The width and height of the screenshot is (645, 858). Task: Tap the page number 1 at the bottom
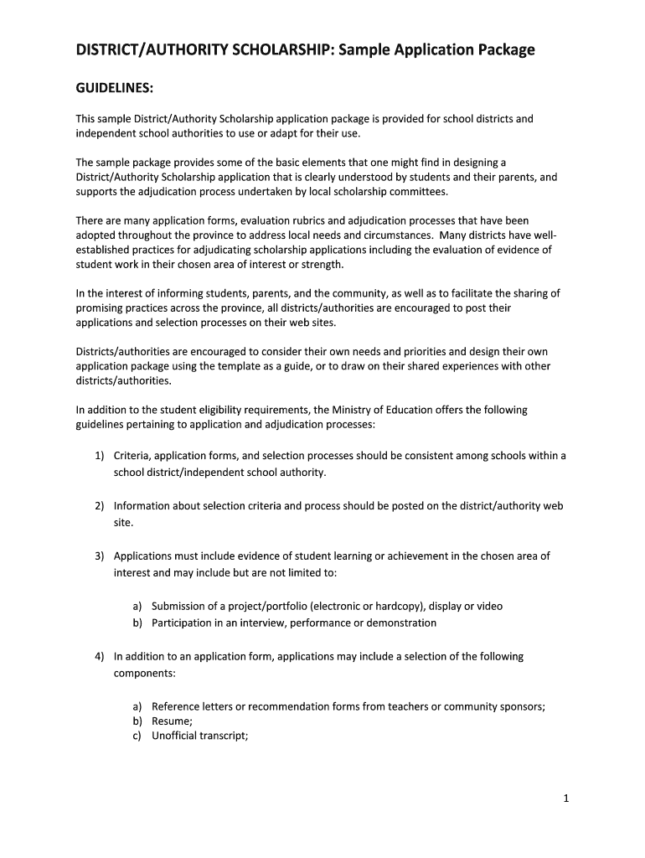tap(566, 799)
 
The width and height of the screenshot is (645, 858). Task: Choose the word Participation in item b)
tap(183, 623)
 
